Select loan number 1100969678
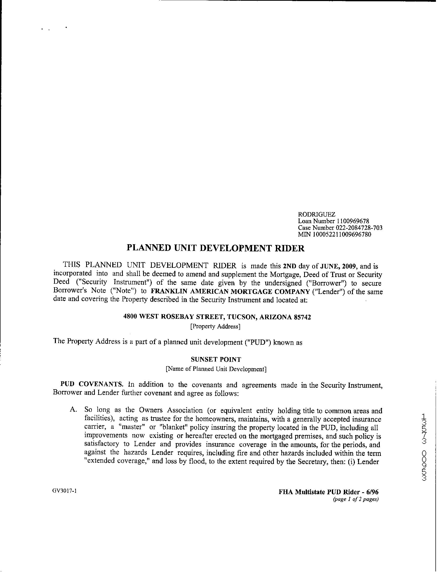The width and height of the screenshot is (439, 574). [352, 221]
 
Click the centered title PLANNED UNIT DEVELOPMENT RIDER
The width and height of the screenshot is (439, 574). [215, 248]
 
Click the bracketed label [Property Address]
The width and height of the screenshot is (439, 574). [215, 326]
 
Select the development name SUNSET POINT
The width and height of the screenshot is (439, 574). [216, 360]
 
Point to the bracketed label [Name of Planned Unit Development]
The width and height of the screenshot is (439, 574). [216, 369]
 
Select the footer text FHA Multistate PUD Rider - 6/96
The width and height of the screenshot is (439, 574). [328, 492]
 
